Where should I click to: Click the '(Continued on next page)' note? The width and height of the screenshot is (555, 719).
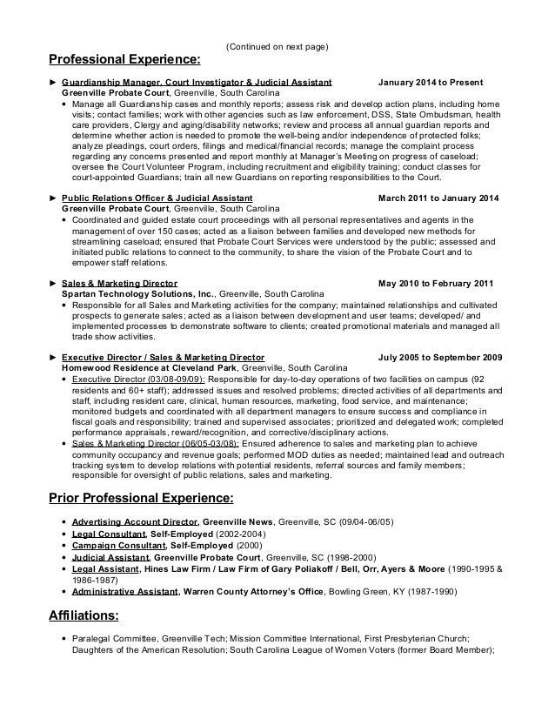277,46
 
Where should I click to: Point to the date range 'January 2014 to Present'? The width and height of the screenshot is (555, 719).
431,83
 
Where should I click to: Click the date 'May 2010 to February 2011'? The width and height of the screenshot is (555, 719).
438,284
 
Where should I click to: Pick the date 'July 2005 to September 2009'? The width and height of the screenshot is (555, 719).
442,357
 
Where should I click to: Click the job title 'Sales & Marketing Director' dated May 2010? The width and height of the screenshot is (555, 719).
120,284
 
